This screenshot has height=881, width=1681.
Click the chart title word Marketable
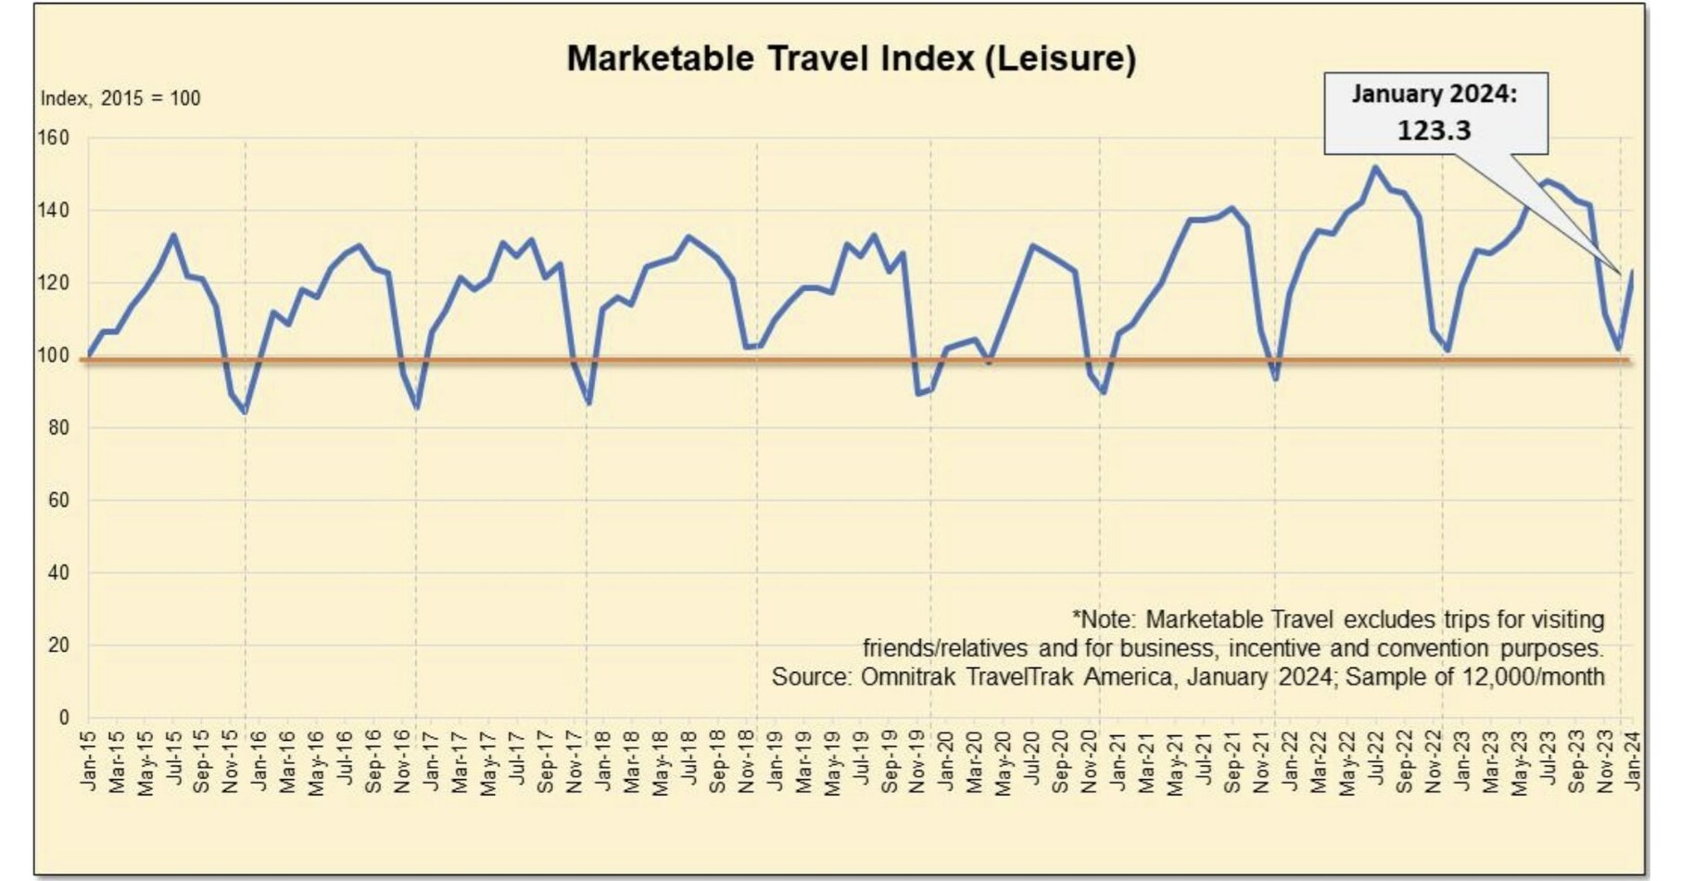coord(660,58)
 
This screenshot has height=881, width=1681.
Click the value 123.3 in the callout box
coord(1434,130)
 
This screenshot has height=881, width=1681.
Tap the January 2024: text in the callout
coord(1434,95)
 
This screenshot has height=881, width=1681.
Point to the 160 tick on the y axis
coord(54,138)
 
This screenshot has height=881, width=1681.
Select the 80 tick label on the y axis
coord(57,428)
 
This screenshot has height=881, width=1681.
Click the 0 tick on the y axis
coord(63,717)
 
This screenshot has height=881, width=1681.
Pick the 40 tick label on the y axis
coord(57,572)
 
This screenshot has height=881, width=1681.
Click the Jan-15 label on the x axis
coord(89,761)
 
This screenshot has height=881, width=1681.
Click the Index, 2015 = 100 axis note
coord(120,98)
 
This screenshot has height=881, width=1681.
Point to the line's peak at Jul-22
coord(1374,168)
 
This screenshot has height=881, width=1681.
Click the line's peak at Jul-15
coord(173,236)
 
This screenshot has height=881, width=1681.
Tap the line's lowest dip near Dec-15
coord(245,412)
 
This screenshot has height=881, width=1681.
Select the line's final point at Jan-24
coord(1632,272)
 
